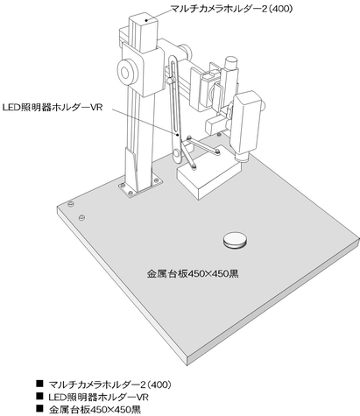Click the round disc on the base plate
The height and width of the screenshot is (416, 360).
click(235, 240)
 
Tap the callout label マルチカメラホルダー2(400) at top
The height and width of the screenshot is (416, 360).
click(231, 9)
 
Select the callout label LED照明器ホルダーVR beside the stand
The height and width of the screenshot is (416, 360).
click(53, 108)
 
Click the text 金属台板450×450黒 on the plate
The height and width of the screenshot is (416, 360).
click(193, 274)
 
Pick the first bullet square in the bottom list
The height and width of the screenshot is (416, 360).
click(39, 383)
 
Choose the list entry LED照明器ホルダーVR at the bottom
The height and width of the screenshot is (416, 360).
click(99, 397)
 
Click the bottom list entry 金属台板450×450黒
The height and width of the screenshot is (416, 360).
click(95, 410)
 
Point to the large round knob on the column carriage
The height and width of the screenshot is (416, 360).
click(127, 72)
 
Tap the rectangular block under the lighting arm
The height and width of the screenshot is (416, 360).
click(209, 180)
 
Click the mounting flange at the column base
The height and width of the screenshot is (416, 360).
click(140, 186)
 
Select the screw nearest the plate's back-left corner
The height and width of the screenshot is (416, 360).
click(70, 204)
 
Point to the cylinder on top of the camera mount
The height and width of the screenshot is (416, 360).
click(232, 63)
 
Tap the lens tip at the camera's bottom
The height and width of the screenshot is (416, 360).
click(242, 158)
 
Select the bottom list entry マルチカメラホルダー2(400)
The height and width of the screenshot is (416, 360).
click(109, 384)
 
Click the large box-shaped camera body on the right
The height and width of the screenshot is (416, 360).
click(247, 123)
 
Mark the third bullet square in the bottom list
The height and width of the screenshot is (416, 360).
click(39, 408)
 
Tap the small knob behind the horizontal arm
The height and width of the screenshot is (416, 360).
click(186, 52)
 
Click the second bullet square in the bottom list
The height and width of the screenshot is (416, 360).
click(39, 396)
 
